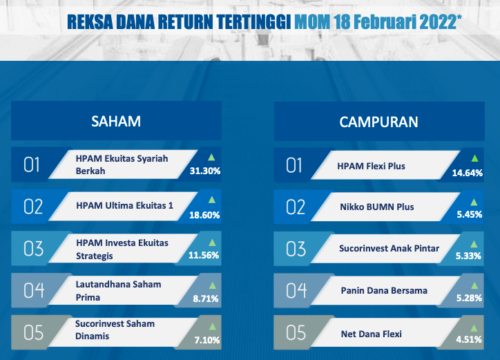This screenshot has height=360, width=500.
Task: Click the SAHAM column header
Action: pyautogui.click(x=116, y=122)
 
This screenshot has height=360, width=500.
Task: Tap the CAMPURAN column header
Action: pyautogui.click(x=378, y=122)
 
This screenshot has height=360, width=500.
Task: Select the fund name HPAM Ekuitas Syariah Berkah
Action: pyautogui.click(x=122, y=164)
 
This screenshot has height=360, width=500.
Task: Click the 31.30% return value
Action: pyautogui.click(x=205, y=171)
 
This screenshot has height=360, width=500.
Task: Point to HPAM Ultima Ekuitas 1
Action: pyautogui.click(x=125, y=205)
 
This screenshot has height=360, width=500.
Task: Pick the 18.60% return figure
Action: pyautogui.click(x=204, y=215)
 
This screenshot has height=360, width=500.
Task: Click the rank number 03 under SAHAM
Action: pyautogui.click(x=33, y=249)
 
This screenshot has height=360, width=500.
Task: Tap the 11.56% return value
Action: pyautogui.click(x=204, y=256)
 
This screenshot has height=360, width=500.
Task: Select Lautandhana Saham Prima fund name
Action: pyautogui.click(x=118, y=291)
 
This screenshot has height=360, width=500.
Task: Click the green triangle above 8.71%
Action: pyautogui.click(x=213, y=285)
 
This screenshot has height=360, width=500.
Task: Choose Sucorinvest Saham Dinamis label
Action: pyautogui.click(x=115, y=330)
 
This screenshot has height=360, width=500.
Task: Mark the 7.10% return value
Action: pyautogui.click(x=207, y=340)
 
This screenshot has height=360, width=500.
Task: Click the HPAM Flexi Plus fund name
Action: pyautogui.click(x=371, y=166)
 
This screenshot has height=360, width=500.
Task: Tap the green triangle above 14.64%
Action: pyautogui.click(x=475, y=158)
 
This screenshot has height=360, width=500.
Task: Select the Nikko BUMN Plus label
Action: pyautogui.click(x=377, y=207)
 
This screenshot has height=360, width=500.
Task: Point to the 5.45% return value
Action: pyautogui.click(x=470, y=214)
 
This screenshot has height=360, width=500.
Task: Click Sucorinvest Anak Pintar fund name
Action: pyautogui.click(x=389, y=248)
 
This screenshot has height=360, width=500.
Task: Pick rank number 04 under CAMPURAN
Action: pyautogui.click(x=296, y=291)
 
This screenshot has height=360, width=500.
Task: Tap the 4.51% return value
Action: pyautogui.click(x=469, y=339)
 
